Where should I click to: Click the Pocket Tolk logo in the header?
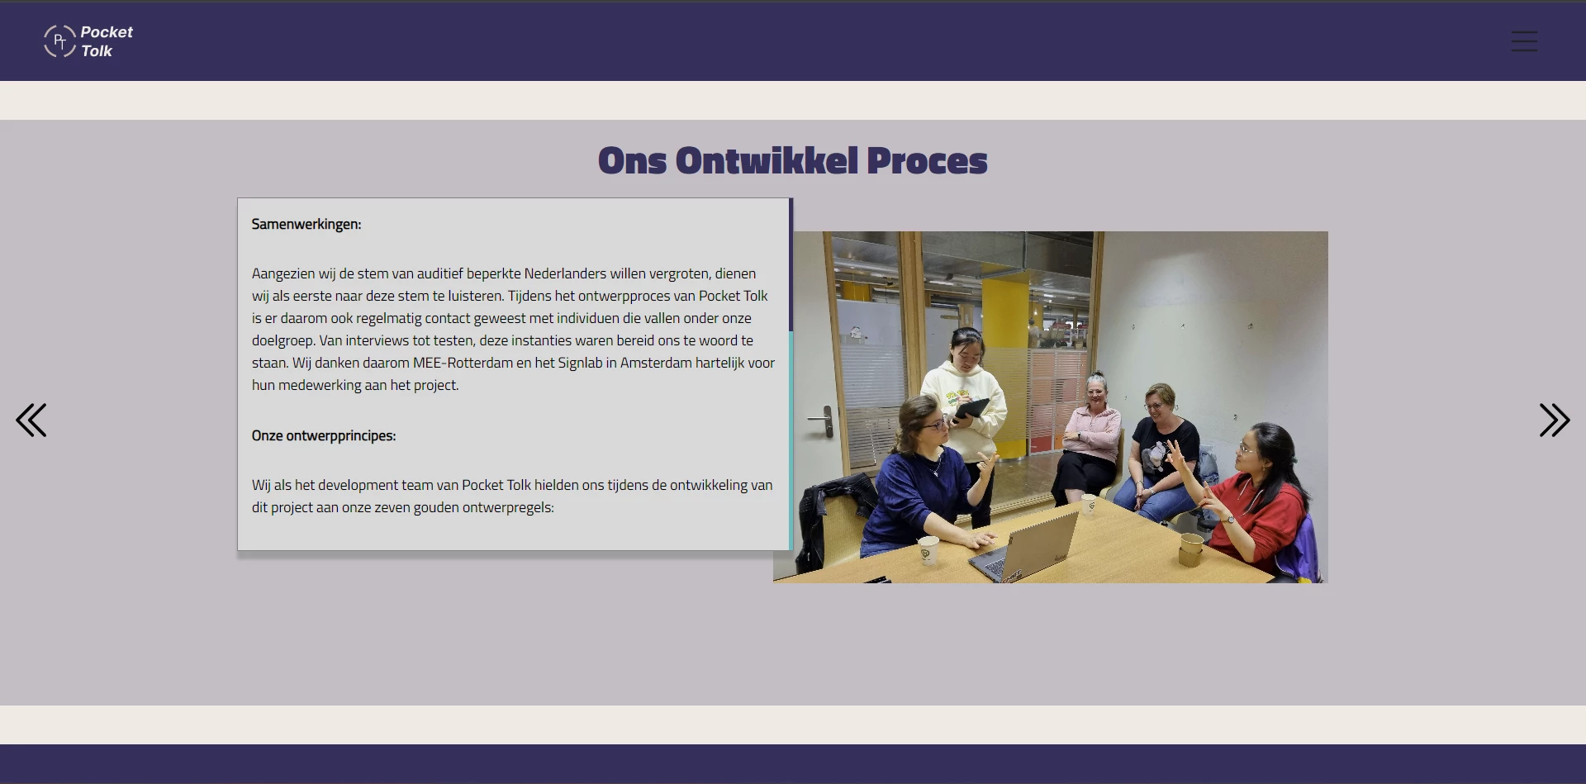[x=88, y=41]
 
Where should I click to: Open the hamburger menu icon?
[x=1524, y=41]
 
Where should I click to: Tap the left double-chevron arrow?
[x=31, y=420]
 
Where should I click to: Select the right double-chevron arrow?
[x=1554, y=420]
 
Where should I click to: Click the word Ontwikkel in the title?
[x=767, y=161]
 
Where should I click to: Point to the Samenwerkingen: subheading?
[x=306, y=224]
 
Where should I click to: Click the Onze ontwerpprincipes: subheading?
[x=324, y=435]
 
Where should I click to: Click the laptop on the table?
[x=1028, y=544]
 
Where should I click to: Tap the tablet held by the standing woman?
[x=971, y=408]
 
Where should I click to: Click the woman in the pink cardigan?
[x=1093, y=434]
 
